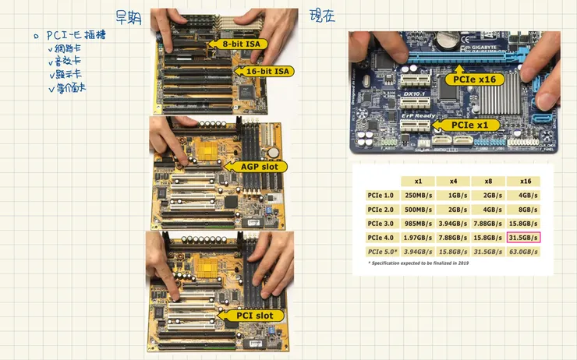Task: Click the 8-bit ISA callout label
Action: [x=241, y=44]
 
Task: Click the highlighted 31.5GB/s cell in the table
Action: [x=523, y=237]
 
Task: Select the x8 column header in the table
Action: [x=488, y=181]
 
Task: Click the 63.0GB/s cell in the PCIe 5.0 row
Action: [x=523, y=252]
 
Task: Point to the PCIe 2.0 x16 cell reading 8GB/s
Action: [x=526, y=209]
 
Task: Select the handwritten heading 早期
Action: [x=128, y=17]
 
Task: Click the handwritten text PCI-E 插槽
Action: [x=76, y=36]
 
